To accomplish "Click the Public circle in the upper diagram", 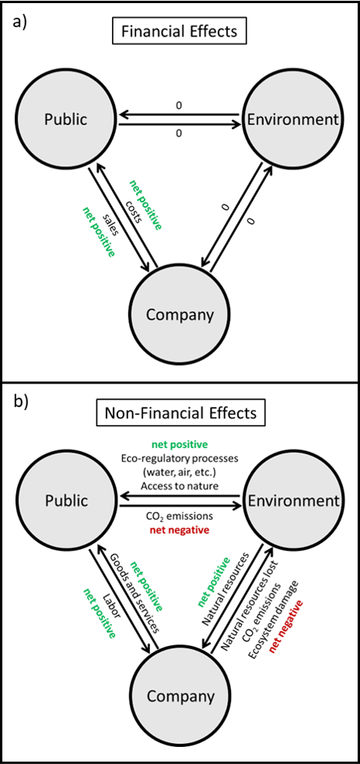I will (66, 119).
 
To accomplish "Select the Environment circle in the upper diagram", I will (292, 119).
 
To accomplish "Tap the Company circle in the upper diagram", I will (180, 314).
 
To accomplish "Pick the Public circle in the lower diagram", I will (66, 500).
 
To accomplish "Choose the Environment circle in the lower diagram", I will (293, 500).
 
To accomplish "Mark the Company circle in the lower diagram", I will (180, 696).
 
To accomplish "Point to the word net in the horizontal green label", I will (159, 445).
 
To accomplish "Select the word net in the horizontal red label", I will (156, 531).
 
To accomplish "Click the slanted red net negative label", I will (285, 626).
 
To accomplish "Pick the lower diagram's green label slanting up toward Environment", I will (215, 582).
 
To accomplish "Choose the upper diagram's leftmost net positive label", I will (99, 232).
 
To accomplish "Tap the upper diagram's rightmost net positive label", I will (145, 205).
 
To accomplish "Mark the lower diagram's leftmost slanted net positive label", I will (100, 613).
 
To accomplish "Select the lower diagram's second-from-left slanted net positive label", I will (145, 587).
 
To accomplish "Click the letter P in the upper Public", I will (48, 120).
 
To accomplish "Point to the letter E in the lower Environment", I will (252, 501).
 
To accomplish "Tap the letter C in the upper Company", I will (152, 315).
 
